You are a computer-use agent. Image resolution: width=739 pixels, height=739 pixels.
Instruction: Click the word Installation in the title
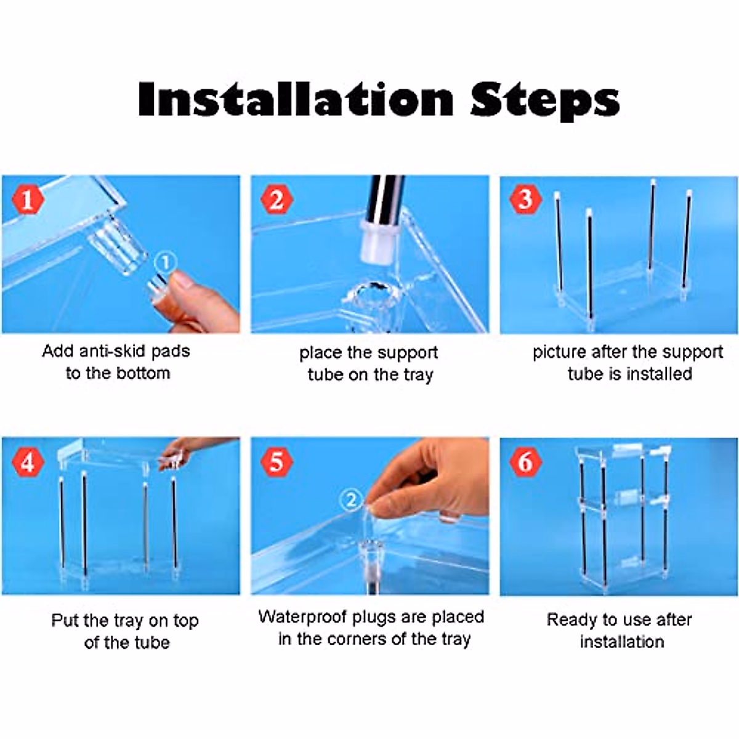click(x=296, y=99)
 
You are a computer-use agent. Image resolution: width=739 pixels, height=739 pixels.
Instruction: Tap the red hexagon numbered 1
click(x=28, y=200)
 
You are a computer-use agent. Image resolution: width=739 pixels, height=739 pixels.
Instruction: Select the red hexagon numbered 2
click(x=277, y=200)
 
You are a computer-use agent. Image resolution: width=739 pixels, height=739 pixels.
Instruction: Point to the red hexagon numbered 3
click(x=525, y=200)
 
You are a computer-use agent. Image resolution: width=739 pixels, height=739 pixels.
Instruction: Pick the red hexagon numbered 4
click(x=28, y=461)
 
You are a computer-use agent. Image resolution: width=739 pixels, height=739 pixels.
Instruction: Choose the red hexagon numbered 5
click(x=277, y=461)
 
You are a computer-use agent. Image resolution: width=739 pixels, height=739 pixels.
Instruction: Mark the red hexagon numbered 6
click(x=525, y=461)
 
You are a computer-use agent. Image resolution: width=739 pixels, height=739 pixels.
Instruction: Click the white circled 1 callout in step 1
click(x=166, y=263)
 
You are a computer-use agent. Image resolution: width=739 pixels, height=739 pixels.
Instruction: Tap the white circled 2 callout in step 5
click(x=351, y=499)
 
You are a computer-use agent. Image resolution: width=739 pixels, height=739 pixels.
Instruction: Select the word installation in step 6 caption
click(x=622, y=642)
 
